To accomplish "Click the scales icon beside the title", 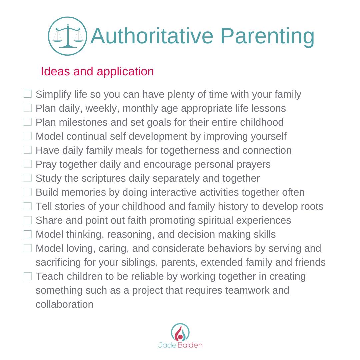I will (x=68, y=36).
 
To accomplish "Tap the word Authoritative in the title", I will (x=151, y=36).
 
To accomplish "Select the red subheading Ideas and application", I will (x=97, y=71).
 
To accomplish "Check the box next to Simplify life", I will (x=28, y=94).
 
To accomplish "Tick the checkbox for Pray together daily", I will (x=28, y=164).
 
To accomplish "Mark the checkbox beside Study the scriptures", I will (x=28, y=178).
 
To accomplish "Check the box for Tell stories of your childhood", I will (x=28, y=206).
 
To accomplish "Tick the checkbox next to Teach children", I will (x=28, y=276).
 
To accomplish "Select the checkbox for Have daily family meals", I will (x=28, y=150).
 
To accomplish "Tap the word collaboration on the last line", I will (x=64, y=304).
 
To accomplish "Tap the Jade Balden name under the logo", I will (x=180, y=345).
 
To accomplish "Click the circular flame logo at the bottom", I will (x=180, y=332).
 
